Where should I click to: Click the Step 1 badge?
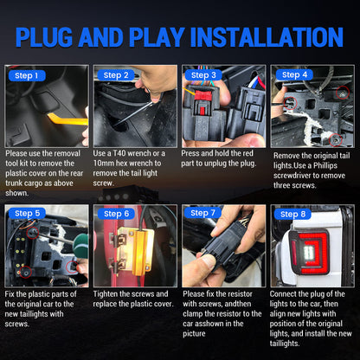pos(27,76)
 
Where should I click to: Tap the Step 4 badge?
pos(294,75)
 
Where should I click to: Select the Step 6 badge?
pos(116,214)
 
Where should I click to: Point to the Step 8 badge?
pos(292,215)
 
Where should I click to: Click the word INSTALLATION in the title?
pos(267,37)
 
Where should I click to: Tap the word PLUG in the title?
pos(44,37)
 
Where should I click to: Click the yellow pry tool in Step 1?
pos(67,119)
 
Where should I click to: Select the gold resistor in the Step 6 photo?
pos(136,251)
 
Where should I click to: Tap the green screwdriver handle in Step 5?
pos(80,246)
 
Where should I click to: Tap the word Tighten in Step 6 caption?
pos(106,294)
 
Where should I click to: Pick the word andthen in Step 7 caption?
pos(238,304)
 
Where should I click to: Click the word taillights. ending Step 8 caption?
pos(285,344)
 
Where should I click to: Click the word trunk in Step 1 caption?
pos(13,183)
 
